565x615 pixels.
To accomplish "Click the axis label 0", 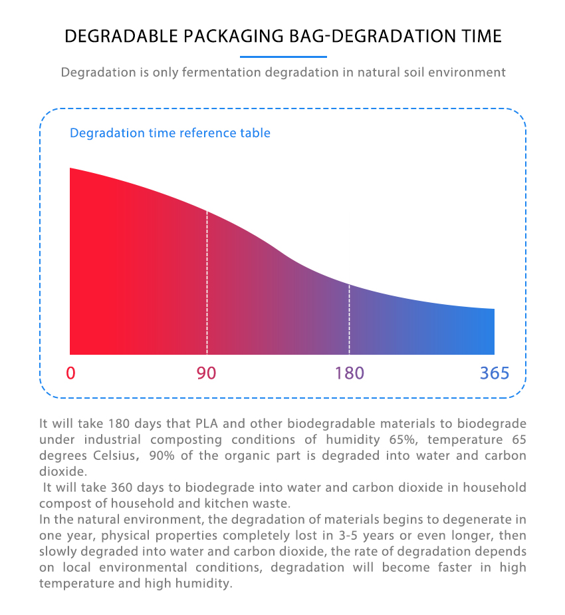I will (x=70, y=373).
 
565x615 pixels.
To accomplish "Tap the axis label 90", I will (x=207, y=373).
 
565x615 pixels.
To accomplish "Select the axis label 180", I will (x=349, y=373).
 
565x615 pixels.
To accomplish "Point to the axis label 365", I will (x=495, y=373).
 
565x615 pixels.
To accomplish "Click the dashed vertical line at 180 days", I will (x=349, y=319).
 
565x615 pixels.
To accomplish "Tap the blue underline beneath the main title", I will (x=282, y=57).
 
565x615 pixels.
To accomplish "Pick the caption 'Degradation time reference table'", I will (x=170, y=133).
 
